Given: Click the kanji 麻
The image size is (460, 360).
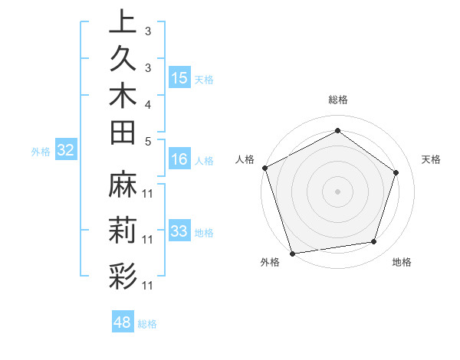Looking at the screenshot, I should [123, 185].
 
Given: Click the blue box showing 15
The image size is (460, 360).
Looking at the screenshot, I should [179, 78].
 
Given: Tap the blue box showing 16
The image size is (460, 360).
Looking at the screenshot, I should [179, 160].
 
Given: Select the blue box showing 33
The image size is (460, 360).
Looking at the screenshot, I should [179, 231].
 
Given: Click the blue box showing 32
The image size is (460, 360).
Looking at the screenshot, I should [66, 151].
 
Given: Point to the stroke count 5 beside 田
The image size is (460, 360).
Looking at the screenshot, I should [147, 140].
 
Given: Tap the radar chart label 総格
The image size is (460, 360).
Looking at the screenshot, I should [337, 100].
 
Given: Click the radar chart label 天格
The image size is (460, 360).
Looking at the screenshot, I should [432, 159].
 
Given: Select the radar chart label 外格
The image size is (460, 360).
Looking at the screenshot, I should [270, 263].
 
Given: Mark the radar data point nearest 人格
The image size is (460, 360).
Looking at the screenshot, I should [264, 168].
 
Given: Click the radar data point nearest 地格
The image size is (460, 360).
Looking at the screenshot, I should [373, 242].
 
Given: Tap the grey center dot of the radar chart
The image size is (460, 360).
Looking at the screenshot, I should [337, 191].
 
